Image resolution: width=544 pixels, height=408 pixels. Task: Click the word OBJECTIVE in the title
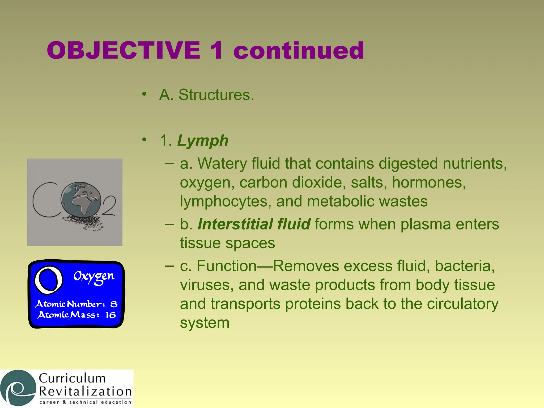(x=124, y=50)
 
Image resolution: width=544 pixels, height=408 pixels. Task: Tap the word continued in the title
(x=299, y=50)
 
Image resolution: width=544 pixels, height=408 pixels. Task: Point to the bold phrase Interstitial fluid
(x=254, y=224)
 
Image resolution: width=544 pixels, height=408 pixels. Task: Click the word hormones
(x=429, y=182)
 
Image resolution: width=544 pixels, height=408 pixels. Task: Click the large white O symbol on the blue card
(x=49, y=280)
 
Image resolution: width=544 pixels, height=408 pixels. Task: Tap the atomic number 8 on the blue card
(x=114, y=304)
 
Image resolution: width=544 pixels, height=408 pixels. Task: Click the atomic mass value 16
(x=110, y=315)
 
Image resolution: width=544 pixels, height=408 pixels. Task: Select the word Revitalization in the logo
(x=85, y=392)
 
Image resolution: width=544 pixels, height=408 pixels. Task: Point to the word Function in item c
(x=226, y=266)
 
